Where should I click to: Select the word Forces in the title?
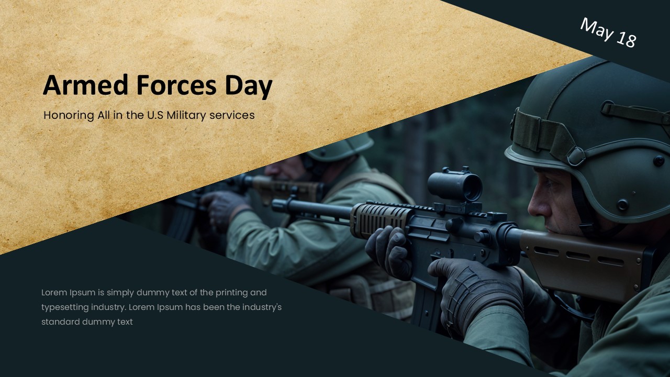(x=173, y=85)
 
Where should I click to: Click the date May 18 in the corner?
(x=608, y=32)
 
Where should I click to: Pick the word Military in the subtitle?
(x=186, y=115)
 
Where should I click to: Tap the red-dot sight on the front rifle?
(x=454, y=185)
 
